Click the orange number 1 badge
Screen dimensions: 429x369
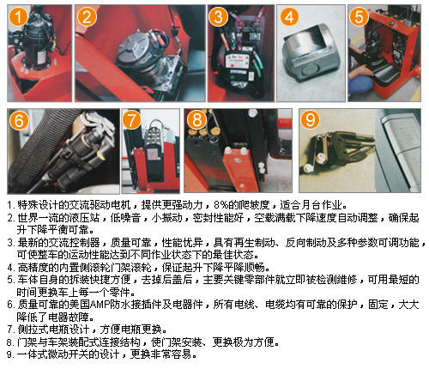tap(18, 16)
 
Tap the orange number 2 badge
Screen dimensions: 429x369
tap(87, 16)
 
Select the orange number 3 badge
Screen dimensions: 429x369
tap(218, 16)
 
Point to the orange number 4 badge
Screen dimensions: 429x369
tap(289, 16)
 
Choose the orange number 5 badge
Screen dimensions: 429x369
tap(359, 16)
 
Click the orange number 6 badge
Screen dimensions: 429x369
tap(19, 120)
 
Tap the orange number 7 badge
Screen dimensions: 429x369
tap(131, 120)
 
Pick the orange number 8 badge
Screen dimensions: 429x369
tap(196, 120)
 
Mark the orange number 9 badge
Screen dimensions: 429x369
tap(310, 119)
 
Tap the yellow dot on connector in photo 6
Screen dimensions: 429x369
tap(100, 155)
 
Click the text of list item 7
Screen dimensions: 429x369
tap(88, 330)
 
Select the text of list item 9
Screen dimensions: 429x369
tap(102, 354)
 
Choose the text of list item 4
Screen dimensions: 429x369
tap(138, 268)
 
